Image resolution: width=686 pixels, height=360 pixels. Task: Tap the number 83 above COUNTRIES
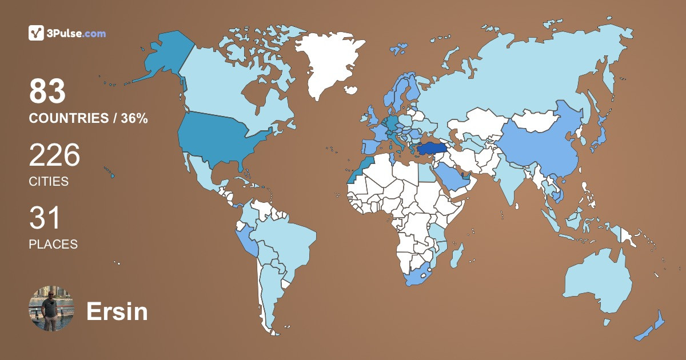pos(47,91)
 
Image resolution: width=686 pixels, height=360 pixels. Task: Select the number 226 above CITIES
pos(54,155)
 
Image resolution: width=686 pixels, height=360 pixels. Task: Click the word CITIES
pos(49,182)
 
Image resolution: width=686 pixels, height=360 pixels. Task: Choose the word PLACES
pos(53,244)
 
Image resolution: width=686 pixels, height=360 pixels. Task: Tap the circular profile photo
pos(51,308)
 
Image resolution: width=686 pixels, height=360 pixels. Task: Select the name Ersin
pos(117,312)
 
